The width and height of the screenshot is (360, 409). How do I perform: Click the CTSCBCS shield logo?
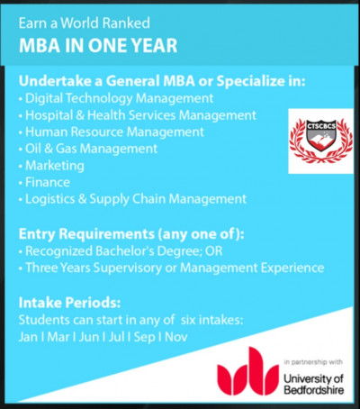click(x=321, y=141)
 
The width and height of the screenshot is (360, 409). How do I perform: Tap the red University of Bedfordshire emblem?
click(x=247, y=371)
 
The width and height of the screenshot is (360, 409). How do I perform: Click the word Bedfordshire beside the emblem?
click(x=313, y=390)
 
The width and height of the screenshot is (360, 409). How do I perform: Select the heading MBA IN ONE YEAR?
click(x=98, y=45)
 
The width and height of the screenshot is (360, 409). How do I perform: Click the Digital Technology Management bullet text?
click(x=119, y=98)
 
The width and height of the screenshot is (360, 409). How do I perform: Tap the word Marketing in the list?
click(x=55, y=166)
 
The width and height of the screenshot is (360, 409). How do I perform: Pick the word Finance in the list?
click(x=48, y=182)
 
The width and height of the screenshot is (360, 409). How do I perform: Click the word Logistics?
click(x=49, y=199)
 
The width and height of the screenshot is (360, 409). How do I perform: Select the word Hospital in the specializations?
click(x=49, y=115)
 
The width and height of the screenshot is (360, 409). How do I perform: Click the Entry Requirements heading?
click(x=131, y=234)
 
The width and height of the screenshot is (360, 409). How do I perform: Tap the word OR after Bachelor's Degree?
click(x=213, y=251)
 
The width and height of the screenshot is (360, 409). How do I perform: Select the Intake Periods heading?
click(x=69, y=303)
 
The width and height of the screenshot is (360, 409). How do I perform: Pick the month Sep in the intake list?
click(x=145, y=337)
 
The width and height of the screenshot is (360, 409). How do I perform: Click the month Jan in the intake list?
click(x=28, y=337)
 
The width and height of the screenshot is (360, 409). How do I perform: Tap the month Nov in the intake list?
click(x=176, y=337)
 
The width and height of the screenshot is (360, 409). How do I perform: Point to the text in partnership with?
click(x=313, y=362)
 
